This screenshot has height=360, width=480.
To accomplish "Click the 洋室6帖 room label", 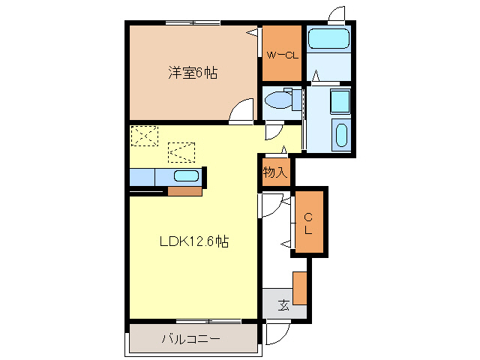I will tap(193, 73).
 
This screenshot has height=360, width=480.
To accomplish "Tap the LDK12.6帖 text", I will tap(193, 241).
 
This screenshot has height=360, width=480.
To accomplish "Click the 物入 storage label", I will tap(274, 172).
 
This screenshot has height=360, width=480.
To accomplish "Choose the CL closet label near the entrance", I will tap(308, 222).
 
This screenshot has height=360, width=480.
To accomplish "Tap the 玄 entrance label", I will tap(284, 304).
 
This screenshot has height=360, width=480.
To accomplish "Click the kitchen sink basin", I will tap(186, 177).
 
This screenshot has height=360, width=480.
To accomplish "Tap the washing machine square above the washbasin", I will tap(339, 100).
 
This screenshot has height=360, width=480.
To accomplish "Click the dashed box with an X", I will tap(145, 136).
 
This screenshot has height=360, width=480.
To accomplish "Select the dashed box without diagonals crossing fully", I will tap(181, 151).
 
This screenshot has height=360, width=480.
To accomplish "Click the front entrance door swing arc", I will tap(278, 332).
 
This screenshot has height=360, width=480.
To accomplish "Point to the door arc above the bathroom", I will tap(337, 15).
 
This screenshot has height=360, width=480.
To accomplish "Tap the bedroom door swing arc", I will tap(241, 112).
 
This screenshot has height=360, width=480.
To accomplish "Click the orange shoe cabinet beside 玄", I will tap(300, 288).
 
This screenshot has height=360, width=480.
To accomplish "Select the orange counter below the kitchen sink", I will tap(184, 190).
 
